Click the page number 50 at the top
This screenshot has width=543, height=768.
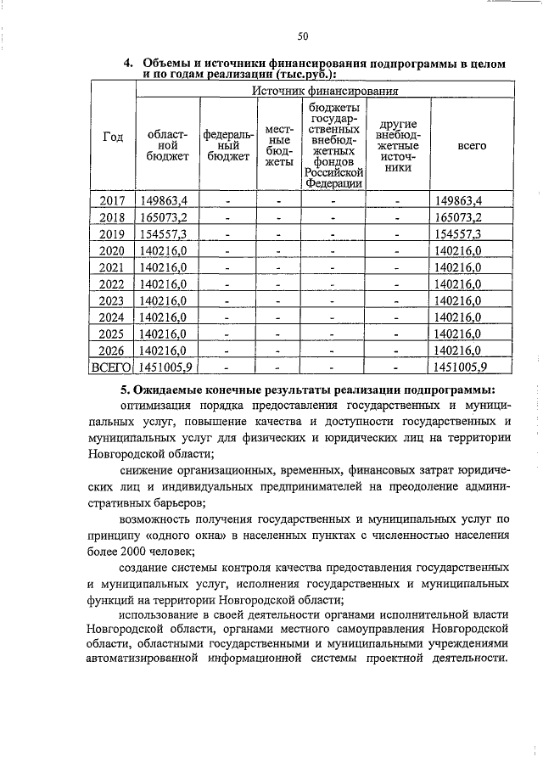pos(303,35)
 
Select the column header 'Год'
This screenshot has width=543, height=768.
pos(113,137)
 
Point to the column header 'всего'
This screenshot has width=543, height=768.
pos(471,145)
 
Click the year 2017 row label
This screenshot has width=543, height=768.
pos(112,201)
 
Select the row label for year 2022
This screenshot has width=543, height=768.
pos(112,283)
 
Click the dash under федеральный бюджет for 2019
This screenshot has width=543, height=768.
pos(227,234)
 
